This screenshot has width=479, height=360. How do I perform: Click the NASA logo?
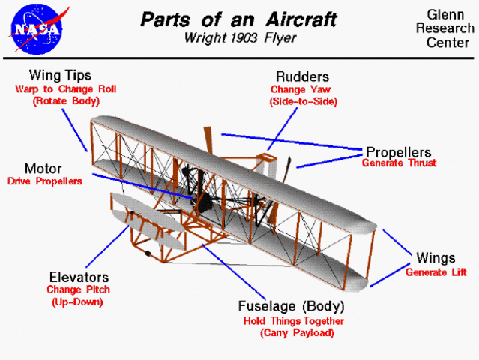coord(35,27)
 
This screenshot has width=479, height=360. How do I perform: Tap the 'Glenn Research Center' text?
coord(448,28)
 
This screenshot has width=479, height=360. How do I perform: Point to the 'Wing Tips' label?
coord(60,75)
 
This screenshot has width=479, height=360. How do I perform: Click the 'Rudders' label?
coord(302,76)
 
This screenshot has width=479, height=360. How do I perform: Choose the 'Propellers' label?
coord(397,151)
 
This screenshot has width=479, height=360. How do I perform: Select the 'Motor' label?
coord(43,169)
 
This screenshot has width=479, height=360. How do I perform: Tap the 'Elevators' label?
coord(79,277)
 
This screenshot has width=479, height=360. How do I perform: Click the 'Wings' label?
coord(431,259)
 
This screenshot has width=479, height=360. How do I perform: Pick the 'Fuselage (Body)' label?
coord(291,306)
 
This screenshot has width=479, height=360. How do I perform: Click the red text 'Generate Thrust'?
coord(399,163)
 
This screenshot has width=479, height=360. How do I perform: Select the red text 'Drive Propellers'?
coord(44,181)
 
